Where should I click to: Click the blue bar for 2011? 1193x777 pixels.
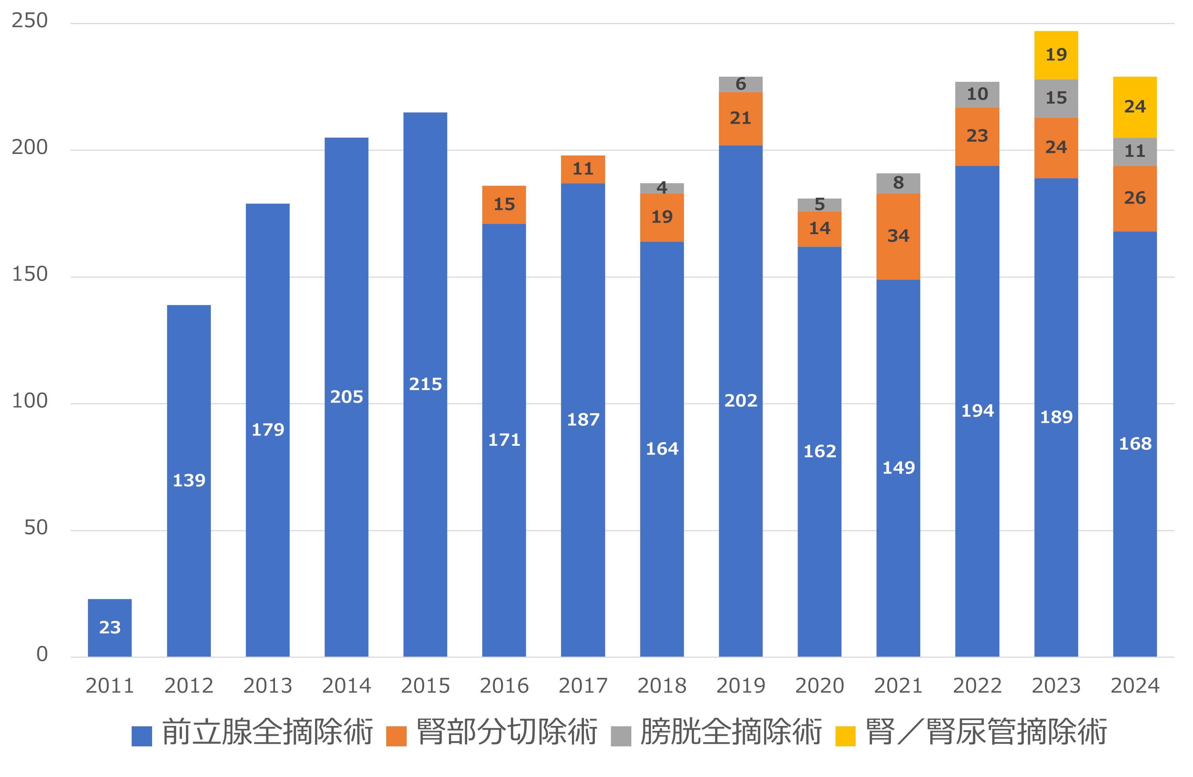coord(110,627)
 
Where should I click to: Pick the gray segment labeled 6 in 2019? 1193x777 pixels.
coord(740,84)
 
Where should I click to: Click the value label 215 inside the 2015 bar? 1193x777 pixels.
coord(425,384)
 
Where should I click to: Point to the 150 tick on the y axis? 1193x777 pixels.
coord(30,274)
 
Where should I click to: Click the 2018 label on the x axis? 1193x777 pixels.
coord(662,685)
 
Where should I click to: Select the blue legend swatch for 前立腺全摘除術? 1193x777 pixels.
coord(142,736)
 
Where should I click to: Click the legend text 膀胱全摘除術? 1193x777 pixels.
coord(731,732)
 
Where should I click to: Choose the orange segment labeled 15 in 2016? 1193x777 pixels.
coord(504,205)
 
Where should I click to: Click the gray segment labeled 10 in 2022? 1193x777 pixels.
coord(977,94)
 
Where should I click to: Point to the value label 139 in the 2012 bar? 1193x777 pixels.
coord(189,480)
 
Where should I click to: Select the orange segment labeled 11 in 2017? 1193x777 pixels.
coord(582,169)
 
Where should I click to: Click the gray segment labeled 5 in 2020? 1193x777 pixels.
coord(819,205)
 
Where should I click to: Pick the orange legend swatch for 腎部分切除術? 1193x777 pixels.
coord(396,736)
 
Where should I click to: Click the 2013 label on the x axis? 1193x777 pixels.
coord(268,685)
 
